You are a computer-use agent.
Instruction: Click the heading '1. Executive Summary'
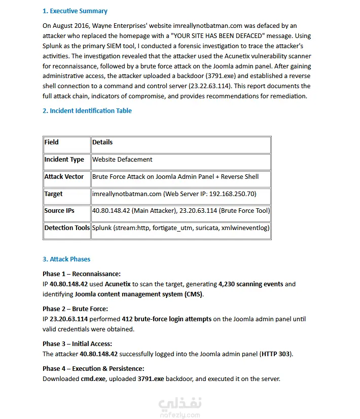tap(75, 11)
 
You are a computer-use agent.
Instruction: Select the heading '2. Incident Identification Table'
tap(87, 110)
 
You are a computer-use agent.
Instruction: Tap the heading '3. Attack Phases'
tap(66, 259)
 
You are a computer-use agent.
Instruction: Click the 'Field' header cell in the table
tap(52, 142)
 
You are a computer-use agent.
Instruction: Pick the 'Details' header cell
tap(102, 142)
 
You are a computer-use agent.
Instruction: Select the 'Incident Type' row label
tap(64, 160)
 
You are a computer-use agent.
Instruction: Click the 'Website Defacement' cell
tap(122, 160)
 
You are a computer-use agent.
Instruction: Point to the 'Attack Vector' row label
tap(64, 177)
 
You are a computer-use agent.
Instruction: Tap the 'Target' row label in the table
tap(54, 194)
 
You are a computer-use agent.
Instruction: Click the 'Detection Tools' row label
tap(67, 228)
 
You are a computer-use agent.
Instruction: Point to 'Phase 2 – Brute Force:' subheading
tap(75, 309)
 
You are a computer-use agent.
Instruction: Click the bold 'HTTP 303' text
tap(276, 354)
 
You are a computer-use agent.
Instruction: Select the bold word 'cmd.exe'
tap(92, 379)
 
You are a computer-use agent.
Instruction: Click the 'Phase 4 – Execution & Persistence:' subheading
tap(93, 368)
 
